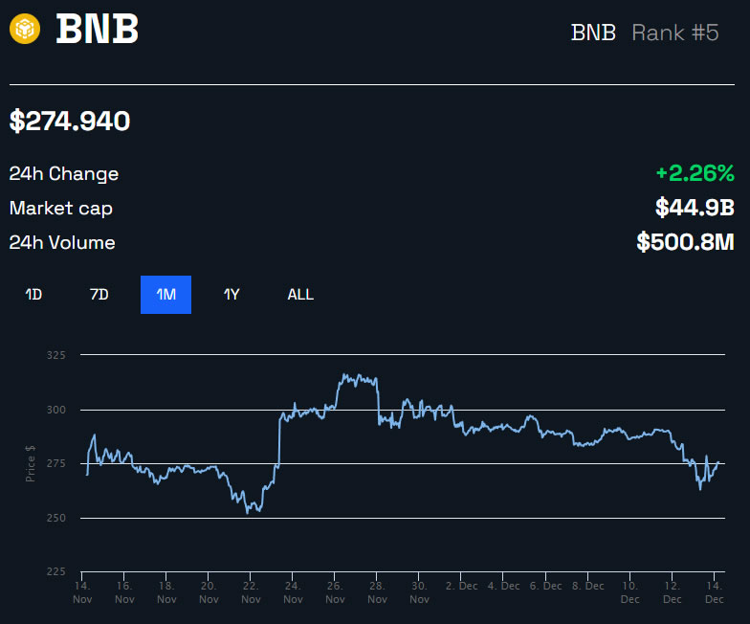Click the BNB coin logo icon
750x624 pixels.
point(25,29)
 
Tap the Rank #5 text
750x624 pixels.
point(674,33)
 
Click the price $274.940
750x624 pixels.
point(70,122)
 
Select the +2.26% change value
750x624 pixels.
point(695,173)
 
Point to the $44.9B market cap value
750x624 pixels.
point(695,208)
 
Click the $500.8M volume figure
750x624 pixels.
point(685,242)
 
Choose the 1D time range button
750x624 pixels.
point(33,295)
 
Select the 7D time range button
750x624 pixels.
point(99,295)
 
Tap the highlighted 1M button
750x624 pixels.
point(165,295)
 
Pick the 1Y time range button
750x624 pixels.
point(232,295)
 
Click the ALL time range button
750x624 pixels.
point(300,295)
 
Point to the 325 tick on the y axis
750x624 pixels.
point(56,355)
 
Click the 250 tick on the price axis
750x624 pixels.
point(56,518)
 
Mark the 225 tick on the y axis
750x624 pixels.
point(56,571)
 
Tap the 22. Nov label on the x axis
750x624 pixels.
point(251,591)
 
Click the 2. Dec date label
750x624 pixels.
point(463,586)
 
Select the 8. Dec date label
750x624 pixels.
point(588,586)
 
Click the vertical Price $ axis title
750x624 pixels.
point(31,463)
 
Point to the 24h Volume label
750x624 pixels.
point(62,242)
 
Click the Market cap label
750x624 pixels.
point(60,208)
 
